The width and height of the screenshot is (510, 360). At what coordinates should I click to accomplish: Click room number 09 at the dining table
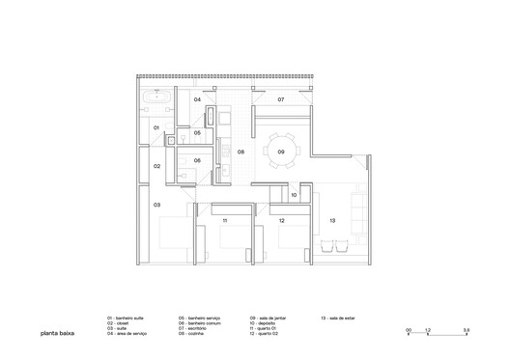(x=280, y=152)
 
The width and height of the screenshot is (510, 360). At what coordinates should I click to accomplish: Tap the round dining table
(x=281, y=152)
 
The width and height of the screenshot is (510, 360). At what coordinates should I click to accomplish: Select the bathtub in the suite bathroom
(x=157, y=98)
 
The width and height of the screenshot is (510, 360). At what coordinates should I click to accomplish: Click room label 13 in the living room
(x=332, y=221)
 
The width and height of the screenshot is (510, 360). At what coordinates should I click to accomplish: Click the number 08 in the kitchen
(x=241, y=152)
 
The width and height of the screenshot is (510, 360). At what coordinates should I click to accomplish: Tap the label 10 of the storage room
(x=294, y=196)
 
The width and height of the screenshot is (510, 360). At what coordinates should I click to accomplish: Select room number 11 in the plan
(x=224, y=221)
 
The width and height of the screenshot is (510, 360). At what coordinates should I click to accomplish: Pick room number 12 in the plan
(x=281, y=221)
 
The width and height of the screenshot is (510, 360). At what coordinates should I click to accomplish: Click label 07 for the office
(x=281, y=99)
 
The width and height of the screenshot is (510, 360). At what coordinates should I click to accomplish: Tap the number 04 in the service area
(x=197, y=99)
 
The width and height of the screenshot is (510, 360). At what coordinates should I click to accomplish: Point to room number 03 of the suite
(x=156, y=205)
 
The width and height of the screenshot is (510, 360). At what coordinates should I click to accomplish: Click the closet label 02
(x=156, y=166)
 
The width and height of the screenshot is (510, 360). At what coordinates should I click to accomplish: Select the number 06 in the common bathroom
(x=197, y=160)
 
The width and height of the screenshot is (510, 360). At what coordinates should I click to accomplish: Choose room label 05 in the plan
(x=197, y=132)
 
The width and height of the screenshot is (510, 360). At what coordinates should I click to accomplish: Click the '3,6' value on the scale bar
(x=466, y=330)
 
